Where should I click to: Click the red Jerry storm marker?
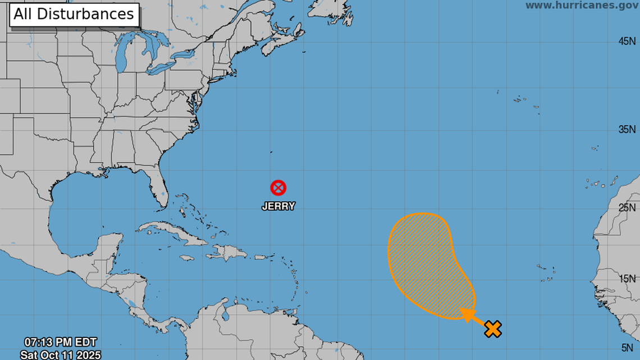coord(278,188)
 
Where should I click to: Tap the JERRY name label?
coord(278,206)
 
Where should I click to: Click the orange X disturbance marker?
coord(492,329)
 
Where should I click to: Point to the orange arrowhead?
coord(466,314)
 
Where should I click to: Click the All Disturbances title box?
coord(74,14)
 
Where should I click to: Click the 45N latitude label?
coord(627,41)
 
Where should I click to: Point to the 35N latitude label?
coord(627,130)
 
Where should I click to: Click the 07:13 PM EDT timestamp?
coord(61,341)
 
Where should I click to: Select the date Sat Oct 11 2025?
coord(61,354)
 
